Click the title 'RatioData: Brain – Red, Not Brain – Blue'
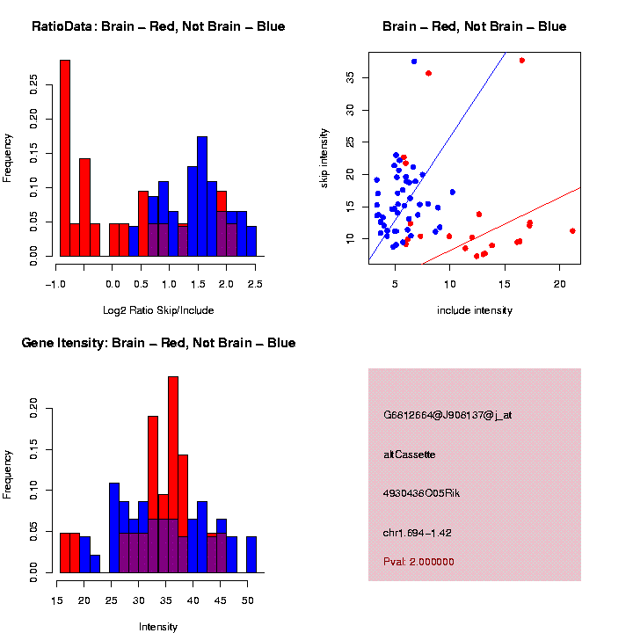point(158,26)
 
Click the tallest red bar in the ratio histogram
point(64,158)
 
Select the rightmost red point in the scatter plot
point(572,230)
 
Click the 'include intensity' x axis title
point(474,309)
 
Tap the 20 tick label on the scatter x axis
point(559,283)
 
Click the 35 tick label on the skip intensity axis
point(349,77)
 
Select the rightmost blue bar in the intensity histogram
point(251,555)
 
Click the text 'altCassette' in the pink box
point(409,455)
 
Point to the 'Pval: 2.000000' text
point(418,562)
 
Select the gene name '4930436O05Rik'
point(421,493)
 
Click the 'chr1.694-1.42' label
point(418,533)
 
